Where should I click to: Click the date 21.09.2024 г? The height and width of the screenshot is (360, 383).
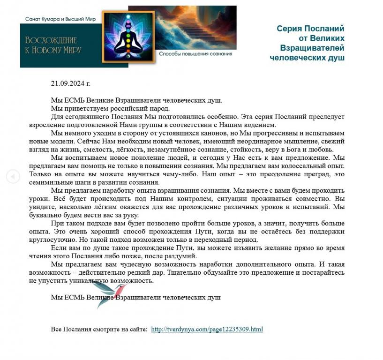click(x=70, y=83)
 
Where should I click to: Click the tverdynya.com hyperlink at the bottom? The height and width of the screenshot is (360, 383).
click(x=207, y=329)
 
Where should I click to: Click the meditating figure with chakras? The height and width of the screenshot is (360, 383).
click(x=128, y=38)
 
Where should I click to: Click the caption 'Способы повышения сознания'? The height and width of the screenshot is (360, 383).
click(x=195, y=54)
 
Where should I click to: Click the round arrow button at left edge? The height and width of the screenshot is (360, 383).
click(x=13, y=177)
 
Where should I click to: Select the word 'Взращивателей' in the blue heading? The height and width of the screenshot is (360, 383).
click(x=312, y=48)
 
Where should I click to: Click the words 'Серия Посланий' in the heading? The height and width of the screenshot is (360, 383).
click(x=310, y=29)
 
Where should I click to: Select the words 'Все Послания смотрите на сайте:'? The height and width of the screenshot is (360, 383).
click(x=99, y=329)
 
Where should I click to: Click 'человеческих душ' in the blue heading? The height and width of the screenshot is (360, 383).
click(x=307, y=58)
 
